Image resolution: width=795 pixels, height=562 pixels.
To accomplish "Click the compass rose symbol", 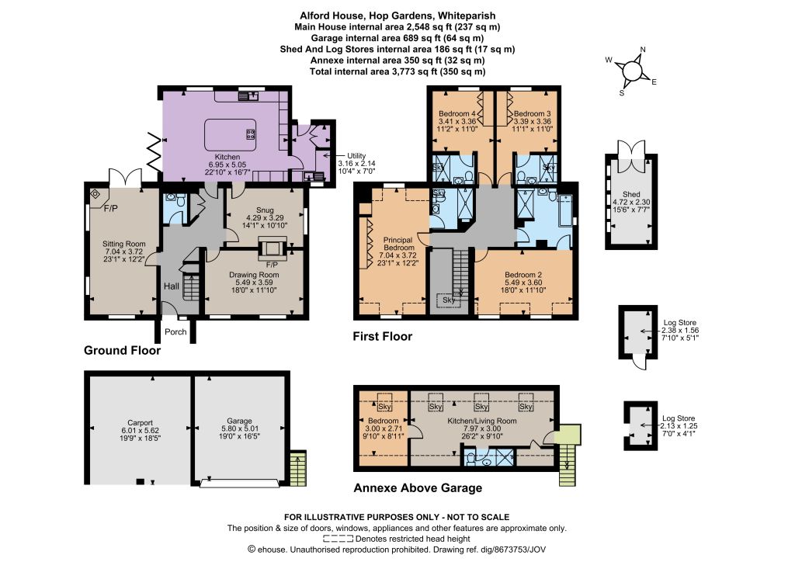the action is (632, 70).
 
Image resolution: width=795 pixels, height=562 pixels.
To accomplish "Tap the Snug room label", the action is (265, 210).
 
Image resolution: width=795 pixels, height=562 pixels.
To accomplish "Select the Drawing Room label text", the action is (254, 275).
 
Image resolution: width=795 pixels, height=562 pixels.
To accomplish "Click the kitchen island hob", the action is (251, 134).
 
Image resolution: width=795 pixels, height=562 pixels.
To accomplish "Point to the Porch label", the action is (175, 332).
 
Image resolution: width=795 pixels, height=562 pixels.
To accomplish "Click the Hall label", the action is (172, 286).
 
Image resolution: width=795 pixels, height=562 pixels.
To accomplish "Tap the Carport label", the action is (140, 422).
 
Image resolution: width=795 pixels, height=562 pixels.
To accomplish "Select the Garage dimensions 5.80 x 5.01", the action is (239, 428).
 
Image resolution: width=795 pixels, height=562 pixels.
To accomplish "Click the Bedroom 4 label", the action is (457, 113).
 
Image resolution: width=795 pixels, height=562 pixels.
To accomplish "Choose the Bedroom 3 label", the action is (533, 113).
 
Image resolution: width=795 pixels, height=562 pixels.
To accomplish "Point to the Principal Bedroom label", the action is (398, 244).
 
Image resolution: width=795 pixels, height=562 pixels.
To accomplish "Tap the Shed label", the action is (631, 194).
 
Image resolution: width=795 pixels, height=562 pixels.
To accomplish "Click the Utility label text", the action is (356, 155).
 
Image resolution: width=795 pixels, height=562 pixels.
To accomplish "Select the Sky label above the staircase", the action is (449, 300).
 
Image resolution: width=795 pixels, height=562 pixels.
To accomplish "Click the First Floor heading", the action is (383, 336).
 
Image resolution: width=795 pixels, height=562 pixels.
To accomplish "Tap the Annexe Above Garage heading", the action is (418, 488).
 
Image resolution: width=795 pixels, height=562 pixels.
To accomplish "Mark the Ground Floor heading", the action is (122, 351).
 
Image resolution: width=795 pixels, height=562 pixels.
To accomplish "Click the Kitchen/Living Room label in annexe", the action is (482, 421).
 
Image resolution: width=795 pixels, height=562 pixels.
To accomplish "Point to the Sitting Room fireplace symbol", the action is (95, 193).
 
